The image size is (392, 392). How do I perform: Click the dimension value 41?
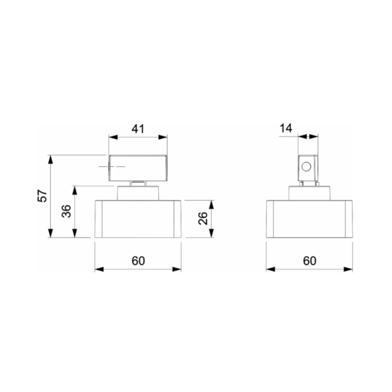click(138, 129)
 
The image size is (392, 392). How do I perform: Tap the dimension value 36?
click(66, 212)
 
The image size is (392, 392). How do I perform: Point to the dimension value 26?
click(202, 219)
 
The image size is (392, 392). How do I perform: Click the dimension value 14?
click(286, 128)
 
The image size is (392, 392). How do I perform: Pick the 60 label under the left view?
click(138, 261)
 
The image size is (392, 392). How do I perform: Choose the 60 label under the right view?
click(310, 261)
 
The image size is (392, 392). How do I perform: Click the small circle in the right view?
click(306, 166)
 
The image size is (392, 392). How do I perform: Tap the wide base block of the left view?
click(138, 219)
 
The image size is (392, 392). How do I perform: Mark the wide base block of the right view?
click(310, 219)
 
